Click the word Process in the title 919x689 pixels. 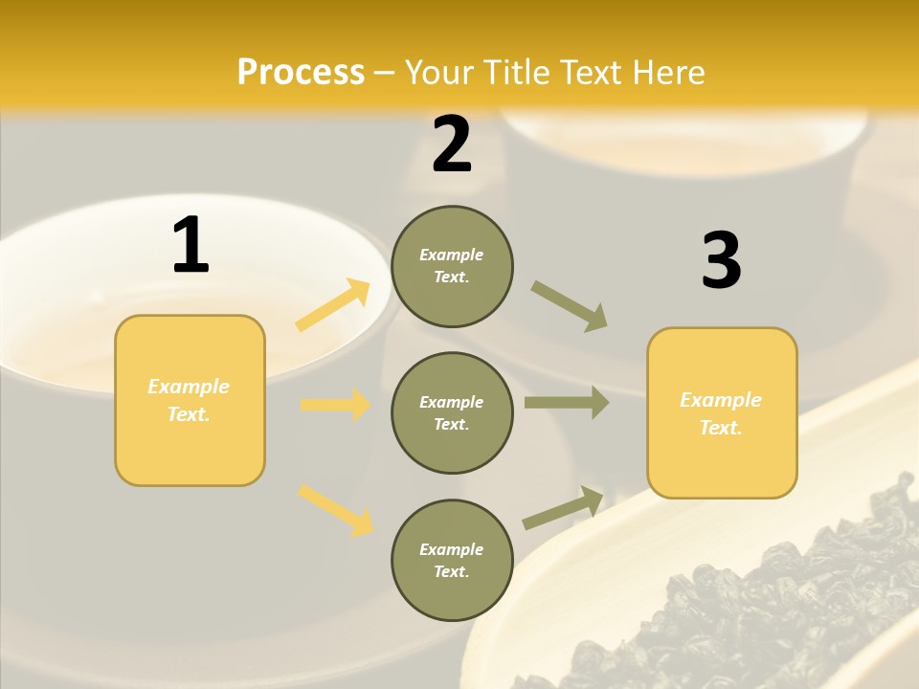click(x=301, y=73)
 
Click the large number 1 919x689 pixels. click(x=191, y=245)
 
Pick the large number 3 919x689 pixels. click(x=721, y=260)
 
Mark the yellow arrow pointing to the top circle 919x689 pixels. click(x=333, y=305)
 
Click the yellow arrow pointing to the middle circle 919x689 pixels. click(x=335, y=405)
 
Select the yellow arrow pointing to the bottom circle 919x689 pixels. click(x=335, y=510)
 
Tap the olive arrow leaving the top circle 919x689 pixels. click(x=570, y=306)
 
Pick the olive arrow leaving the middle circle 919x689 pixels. click(x=567, y=403)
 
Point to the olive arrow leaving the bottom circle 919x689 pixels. click(x=563, y=507)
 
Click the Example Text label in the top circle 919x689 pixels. click(x=452, y=266)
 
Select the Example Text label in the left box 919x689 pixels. click(x=189, y=400)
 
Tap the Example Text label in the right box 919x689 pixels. click(x=721, y=413)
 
